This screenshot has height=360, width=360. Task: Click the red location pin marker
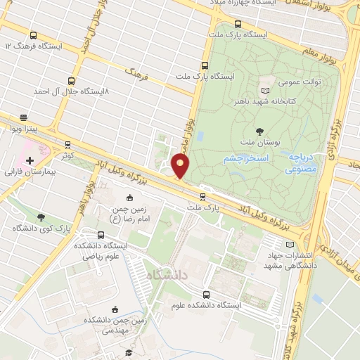[x=181, y=166]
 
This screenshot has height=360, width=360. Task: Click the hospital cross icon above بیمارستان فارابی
[x=30, y=160]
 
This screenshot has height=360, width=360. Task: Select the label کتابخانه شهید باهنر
[x=289, y=101]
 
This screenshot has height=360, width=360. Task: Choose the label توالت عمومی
[x=302, y=81]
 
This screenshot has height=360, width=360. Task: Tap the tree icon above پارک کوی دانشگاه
[x=41, y=217]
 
